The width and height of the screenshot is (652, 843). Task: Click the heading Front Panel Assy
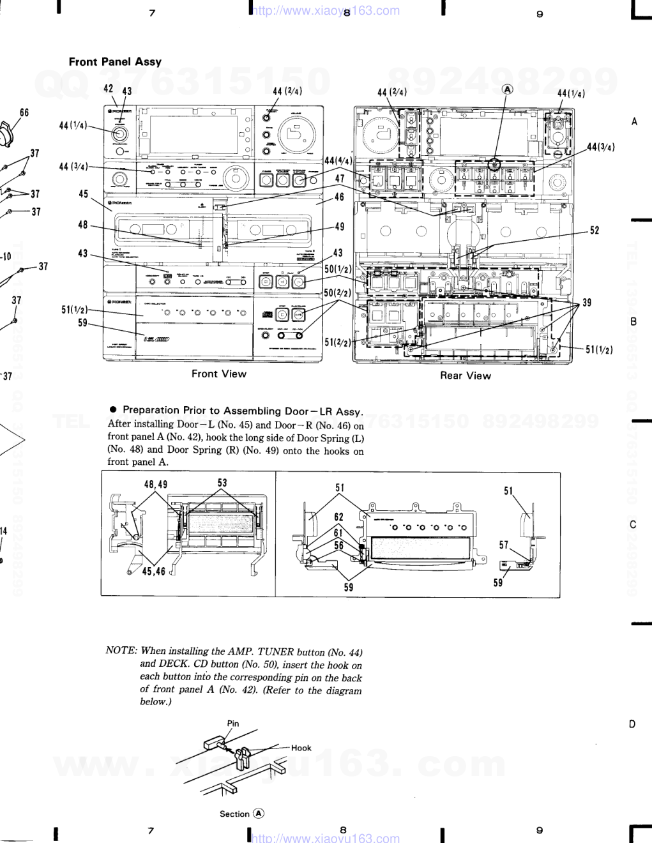[115, 62]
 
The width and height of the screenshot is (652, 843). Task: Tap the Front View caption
[218, 374]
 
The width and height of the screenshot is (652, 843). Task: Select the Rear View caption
[465, 376]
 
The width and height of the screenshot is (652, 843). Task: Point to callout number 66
[24, 113]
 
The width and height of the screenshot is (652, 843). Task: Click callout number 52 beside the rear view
[595, 230]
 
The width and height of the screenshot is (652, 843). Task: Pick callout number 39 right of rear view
[587, 302]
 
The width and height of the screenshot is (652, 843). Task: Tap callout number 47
[340, 178]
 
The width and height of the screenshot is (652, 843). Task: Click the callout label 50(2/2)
[338, 292]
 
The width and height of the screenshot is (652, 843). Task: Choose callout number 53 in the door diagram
[222, 483]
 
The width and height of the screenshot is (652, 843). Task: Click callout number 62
[338, 517]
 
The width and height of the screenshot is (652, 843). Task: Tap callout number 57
[504, 545]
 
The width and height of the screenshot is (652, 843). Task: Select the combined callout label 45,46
[154, 571]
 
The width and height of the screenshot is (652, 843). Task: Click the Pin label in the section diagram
[233, 724]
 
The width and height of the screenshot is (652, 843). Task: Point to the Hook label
[301, 748]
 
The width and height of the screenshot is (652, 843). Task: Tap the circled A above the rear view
[508, 90]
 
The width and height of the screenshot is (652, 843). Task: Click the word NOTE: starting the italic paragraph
[121, 651]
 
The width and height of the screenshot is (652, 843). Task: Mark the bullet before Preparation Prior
[112, 410]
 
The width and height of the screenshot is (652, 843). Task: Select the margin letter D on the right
[632, 724]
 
